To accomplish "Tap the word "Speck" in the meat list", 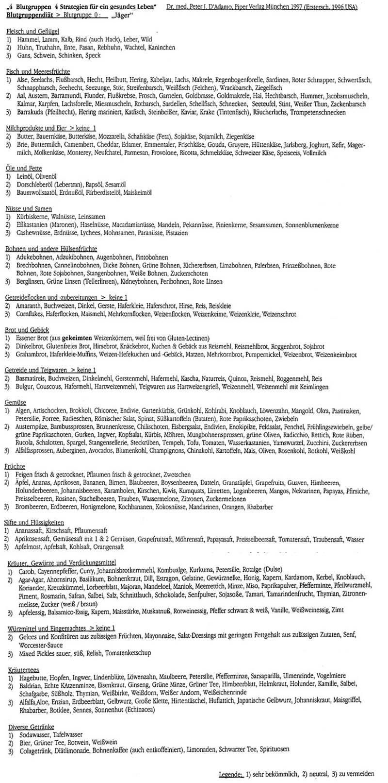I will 92,56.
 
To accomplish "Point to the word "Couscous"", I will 48,387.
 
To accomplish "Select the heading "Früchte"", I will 16,466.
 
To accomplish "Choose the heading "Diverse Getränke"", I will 31,727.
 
